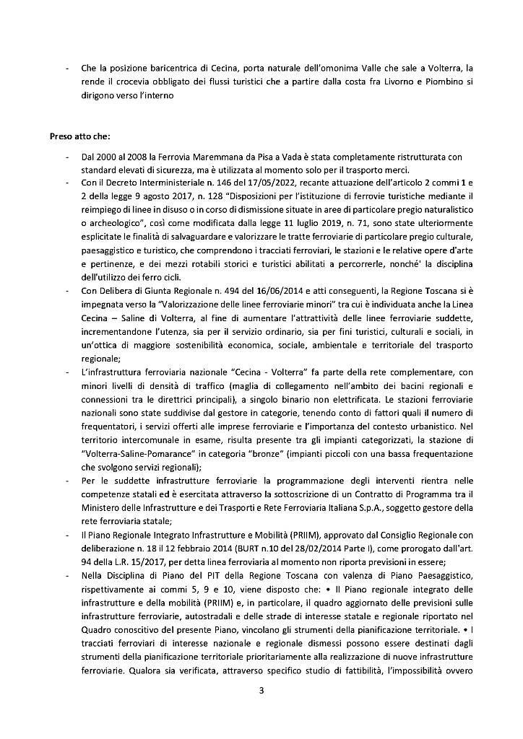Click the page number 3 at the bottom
tap(261, 691)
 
